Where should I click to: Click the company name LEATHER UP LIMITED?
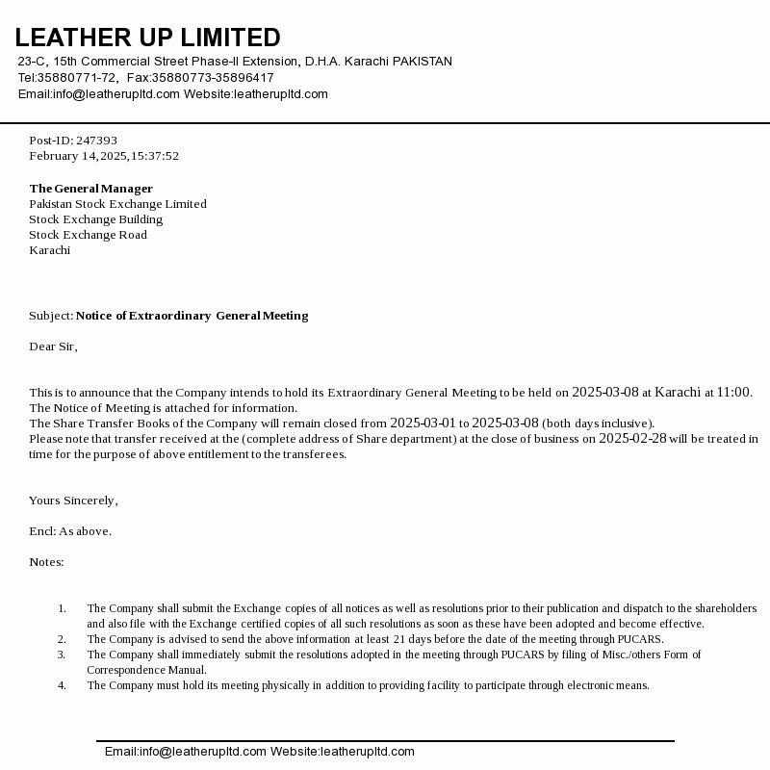pos(147,38)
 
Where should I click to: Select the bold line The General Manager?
pos(90,189)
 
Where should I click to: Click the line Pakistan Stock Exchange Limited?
pos(117,204)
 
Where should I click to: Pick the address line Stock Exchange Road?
pos(88,235)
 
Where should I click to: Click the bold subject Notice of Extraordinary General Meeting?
pos(192,316)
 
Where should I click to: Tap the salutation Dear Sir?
pos(53,346)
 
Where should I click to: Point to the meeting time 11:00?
pos(733,392)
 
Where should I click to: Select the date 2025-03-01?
pos(423,423)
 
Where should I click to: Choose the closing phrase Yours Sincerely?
pos(73,500)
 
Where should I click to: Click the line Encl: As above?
pos(70,531)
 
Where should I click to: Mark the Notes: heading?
pos(46,562)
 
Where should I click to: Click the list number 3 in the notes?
pos(62,654)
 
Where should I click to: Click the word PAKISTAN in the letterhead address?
pos(423,62)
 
